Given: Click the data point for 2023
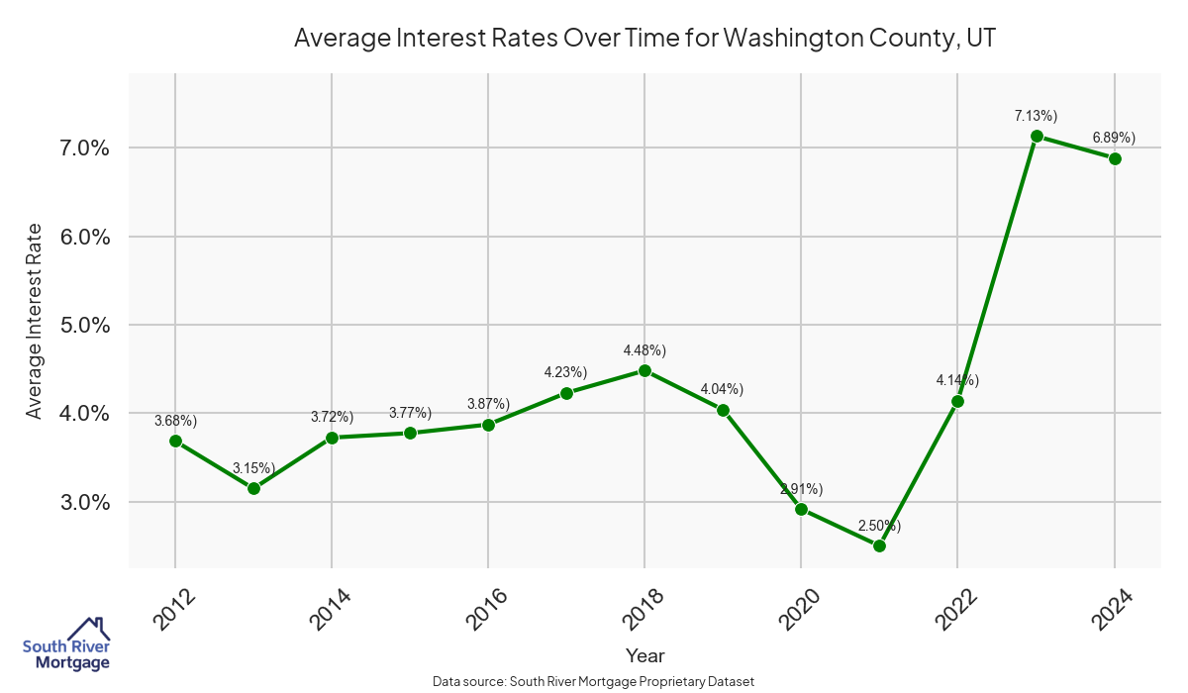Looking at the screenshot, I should [x=1037, y=136].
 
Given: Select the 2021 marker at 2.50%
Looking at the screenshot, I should [x=879, y=545].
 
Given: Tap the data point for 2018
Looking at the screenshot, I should [x=644, y=370].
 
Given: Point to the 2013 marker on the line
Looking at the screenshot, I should [x=253, y=488].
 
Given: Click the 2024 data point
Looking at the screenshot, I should [x=1115, y=158].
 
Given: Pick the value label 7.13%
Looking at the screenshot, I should [x=1037, y=116].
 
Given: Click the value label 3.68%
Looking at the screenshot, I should [x=175, y=421].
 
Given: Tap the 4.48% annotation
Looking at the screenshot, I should [x=644, y=350].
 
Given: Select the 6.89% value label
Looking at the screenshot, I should [x=1114, y=138].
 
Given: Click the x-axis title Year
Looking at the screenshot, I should [x=644, y=655].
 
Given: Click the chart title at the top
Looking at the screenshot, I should [x=643, y=39].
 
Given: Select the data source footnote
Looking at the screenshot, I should [x=594, y=682].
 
